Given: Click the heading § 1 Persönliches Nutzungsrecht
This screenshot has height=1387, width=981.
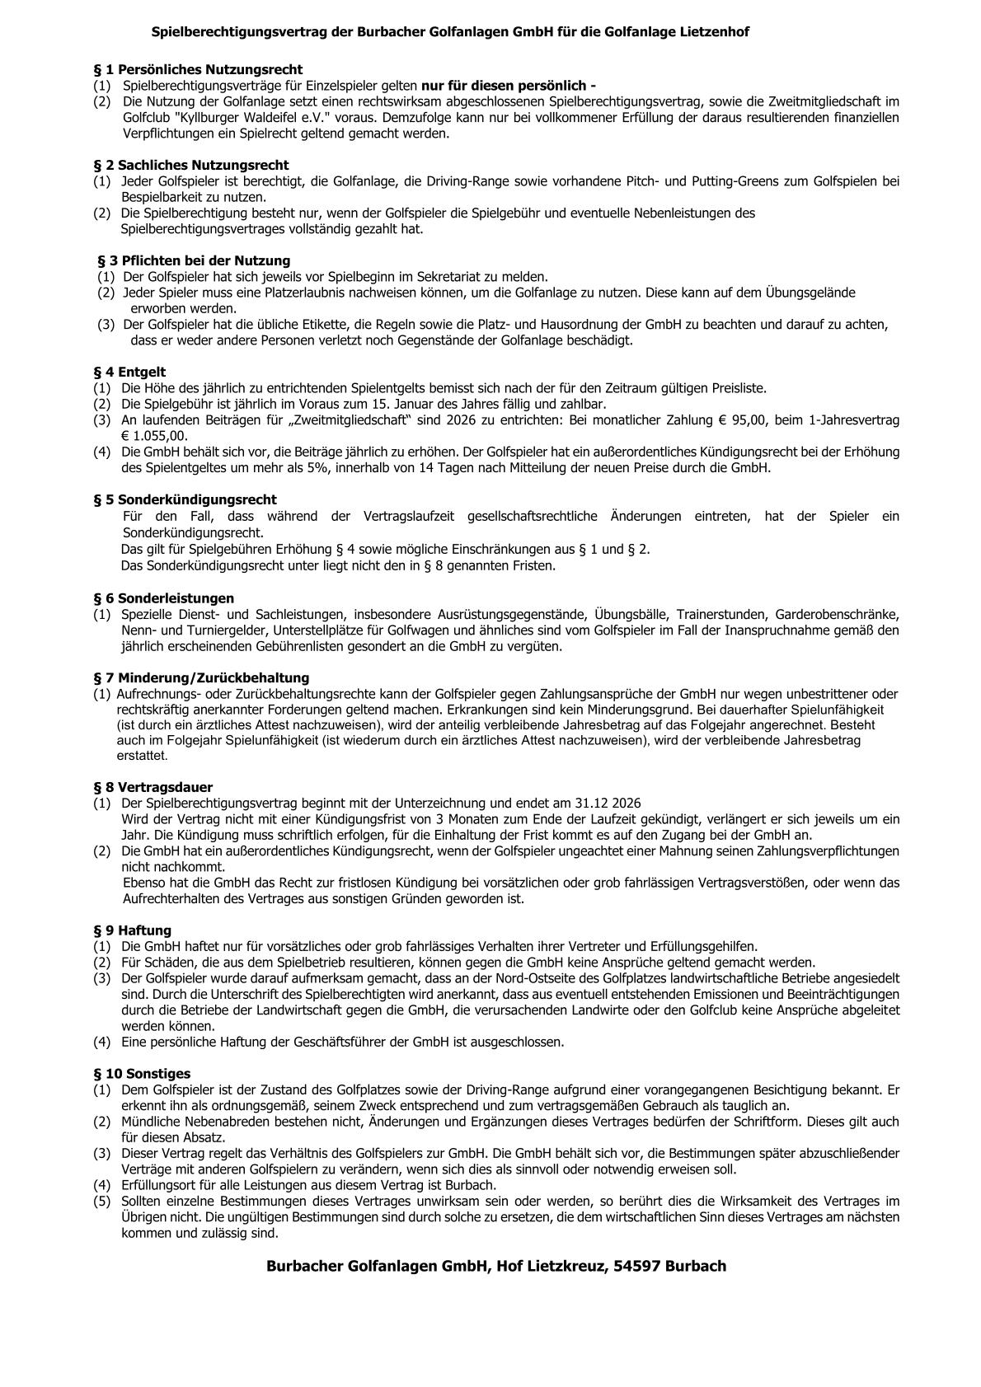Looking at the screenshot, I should tap(198, 69).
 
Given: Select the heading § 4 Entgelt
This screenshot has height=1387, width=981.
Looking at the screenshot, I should tap(129, 372).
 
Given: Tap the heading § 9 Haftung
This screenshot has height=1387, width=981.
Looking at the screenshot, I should tap(133, 930).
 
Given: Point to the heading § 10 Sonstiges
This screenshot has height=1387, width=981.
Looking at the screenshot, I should tap(142, 1073).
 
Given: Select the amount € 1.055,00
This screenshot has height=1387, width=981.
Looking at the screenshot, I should tap(154, 436).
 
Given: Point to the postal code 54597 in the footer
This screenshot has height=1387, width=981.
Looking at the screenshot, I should tap(631, 1266).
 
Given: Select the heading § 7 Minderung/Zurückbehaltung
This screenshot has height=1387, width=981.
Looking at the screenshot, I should tap(201, 678).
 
